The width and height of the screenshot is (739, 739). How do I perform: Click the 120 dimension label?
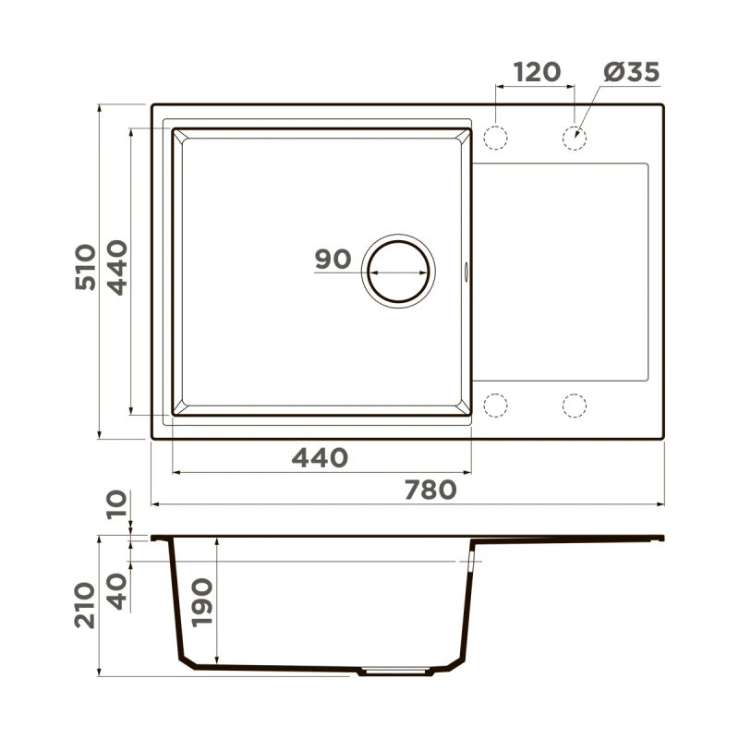click(537, 72)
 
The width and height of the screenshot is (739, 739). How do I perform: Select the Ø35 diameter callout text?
click(632, 72)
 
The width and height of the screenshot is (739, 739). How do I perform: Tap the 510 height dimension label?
click(85, 267)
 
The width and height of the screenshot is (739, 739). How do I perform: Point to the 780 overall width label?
click(430, 490)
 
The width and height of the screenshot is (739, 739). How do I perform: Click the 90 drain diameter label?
click(333, 260)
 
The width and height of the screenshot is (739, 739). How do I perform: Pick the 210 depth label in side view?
click(85, 605)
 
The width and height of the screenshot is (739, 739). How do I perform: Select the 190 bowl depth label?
click(202, 602)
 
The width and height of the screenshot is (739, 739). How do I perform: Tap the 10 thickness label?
click(116, 504)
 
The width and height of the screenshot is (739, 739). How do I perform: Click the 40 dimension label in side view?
click(116, 591)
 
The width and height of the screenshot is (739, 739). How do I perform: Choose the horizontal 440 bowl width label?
click(320, 458)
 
